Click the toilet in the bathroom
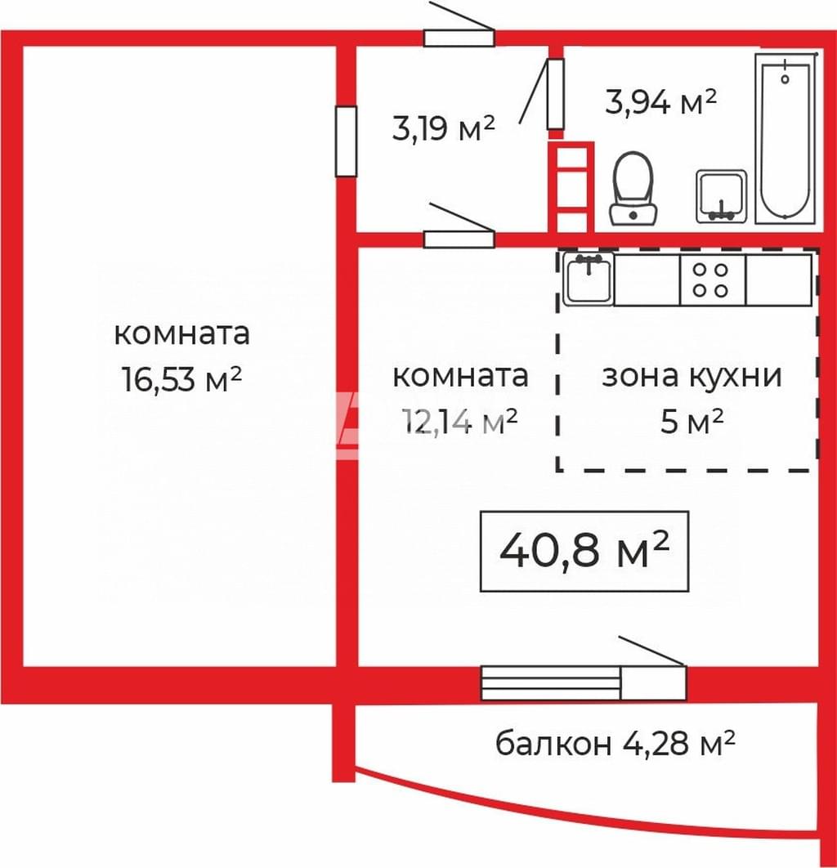point(633,189)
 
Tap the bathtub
point(785,138)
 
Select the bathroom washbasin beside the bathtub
point(721,196)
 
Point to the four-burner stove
point(713,280)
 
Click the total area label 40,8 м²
point(584,551)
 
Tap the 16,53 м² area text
point(182,380)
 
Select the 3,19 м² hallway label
point(443,128)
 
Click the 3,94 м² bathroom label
point(661,102)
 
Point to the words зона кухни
point(692,376)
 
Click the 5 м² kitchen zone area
point(692,422)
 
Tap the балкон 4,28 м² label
point(615,743)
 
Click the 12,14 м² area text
point(460,422)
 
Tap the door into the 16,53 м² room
point(346,141)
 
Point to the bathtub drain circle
point(785,78)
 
